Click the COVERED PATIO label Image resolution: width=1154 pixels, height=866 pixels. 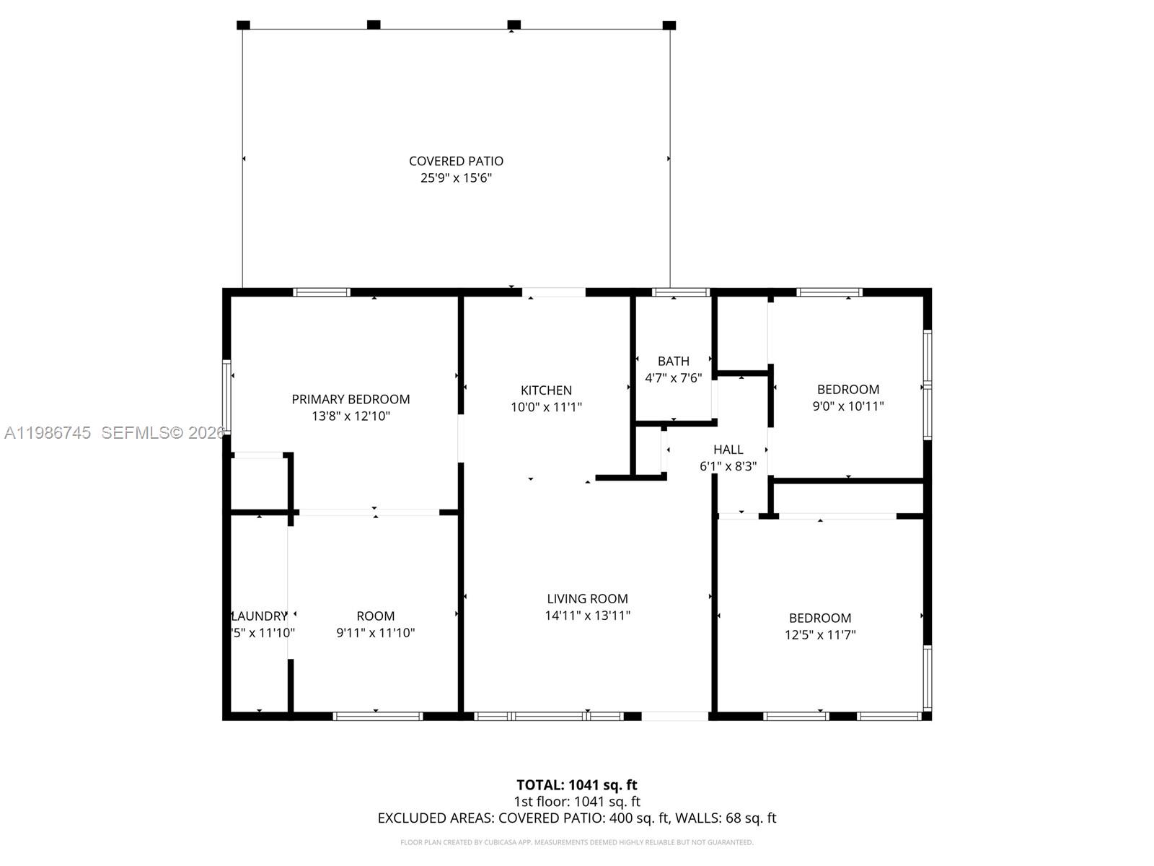click(x=456, y=161)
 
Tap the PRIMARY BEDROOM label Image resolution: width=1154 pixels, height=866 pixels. click(x=351, y=399)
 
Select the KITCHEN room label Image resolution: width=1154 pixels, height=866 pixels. click(x=546, y=390)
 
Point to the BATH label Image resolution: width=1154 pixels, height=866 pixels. click(x=673, y=361)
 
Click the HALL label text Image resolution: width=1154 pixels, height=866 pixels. click(x=728, y=450)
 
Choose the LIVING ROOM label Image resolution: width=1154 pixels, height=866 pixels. click(x=587, y=598)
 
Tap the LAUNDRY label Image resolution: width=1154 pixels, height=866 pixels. click(x=259, y=616)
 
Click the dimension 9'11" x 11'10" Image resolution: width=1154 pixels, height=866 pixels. click(x=375, y=633)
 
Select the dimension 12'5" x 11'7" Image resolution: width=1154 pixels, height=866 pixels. click(x=820, y=635)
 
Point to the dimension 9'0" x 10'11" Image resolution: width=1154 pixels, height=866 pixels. click(x=847, y=406)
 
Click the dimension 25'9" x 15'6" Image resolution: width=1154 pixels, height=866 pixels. click(x=456, y=178)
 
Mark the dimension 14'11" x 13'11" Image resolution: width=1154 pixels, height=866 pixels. click(x=587, y=616)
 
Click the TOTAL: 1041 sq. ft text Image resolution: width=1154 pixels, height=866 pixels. click(x=576, y=784)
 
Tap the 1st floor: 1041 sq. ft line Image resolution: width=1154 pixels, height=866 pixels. click(x=576, y=801)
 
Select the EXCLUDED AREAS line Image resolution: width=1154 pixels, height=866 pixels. click(x=576, y=818)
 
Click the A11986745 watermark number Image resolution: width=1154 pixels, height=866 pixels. click(x=48, y=433)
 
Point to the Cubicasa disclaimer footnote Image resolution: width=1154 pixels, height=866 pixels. click(x=576, y=842)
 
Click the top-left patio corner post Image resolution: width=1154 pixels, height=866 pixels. click(x=243, y=25)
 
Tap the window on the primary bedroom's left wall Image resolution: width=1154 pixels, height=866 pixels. click(x=226, y=395)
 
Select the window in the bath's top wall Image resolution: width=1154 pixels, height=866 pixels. click(x=680, y=292)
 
